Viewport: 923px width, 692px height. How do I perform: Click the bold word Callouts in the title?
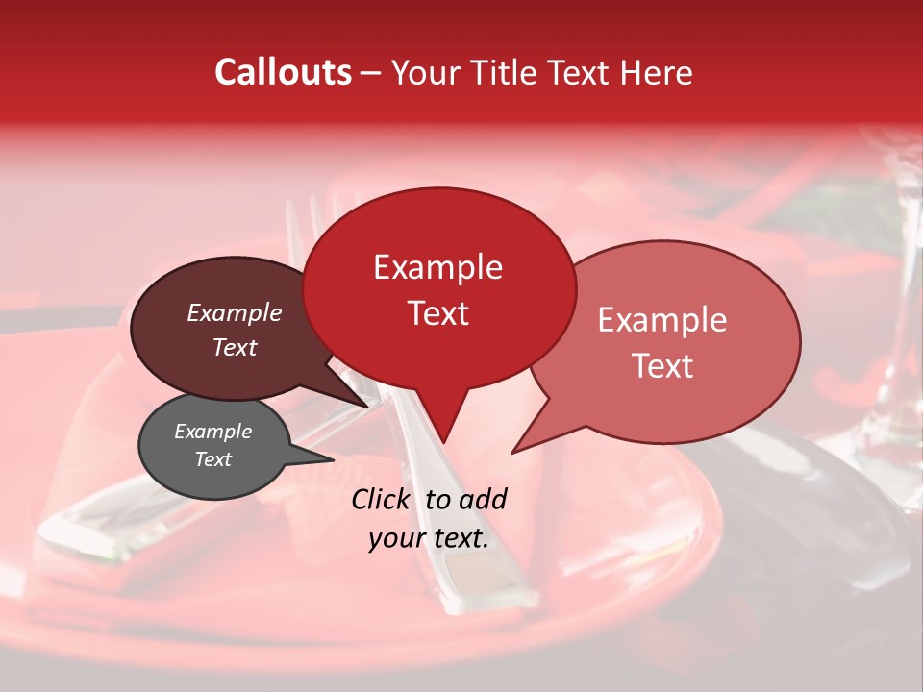pyautogui.click(x=283, y=72)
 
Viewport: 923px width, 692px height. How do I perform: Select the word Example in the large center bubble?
pyautogui.click(x=437, y=267)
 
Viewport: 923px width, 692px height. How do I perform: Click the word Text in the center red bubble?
pyautogui.click(x=437, y=313)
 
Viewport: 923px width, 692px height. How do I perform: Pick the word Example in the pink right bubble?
pyautogui.click(x=662, y=320)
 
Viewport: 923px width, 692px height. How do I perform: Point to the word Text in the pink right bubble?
pyautogui.click(x=662, y=366)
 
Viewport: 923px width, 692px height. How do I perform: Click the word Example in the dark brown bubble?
pyautogui.click(x=234, y=313)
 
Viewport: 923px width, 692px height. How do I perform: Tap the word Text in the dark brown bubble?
pyautogui.click(x=234, y=347)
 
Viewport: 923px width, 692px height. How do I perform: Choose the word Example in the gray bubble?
pyautogui.click(x=212, y=432)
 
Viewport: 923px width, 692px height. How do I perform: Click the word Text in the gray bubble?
pyautogui.click(x=212, y=459)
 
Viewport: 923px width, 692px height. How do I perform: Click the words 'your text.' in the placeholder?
pyautogui.click(x=429, y=538)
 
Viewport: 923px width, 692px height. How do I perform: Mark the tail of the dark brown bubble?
pyautogui.click(x=363, y=403)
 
